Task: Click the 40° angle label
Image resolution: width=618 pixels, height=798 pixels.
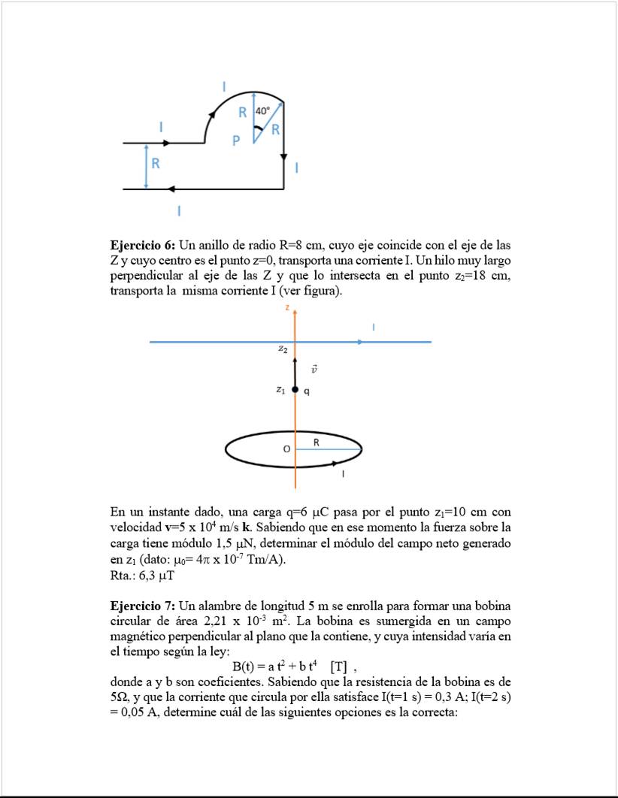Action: [x=262, y=110]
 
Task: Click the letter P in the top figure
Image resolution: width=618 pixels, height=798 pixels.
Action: [x=236, y=141]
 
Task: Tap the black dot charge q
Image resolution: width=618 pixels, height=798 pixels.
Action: [x=295, y=390]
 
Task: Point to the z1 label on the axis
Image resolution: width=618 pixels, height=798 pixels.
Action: [x=280, y=389]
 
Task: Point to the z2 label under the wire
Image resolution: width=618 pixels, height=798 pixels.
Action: [x=282, y=349]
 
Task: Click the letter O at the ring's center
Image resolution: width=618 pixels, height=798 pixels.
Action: [x=286, y=449]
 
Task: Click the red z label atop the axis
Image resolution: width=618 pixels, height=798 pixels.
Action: [x=287, y=307]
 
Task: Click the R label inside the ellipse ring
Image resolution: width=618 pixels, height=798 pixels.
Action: [x=317, y=443]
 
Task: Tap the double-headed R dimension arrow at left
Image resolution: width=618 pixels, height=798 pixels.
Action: [x=146, y=166]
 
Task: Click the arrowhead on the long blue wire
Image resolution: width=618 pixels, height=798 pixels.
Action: [x=362, y=342]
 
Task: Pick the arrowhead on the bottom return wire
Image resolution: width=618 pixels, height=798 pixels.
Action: [x=172, y=189]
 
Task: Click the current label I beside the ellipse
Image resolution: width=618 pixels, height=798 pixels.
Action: [x=344, y=474]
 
